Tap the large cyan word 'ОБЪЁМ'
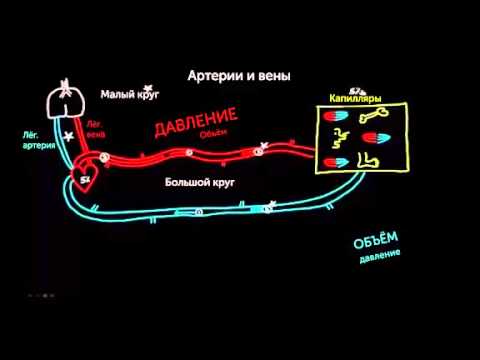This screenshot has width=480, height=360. (375, 240)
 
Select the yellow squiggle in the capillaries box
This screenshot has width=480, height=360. (339, 139)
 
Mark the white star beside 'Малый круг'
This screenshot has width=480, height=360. (148, 91)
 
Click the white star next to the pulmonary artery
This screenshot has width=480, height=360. (68, 136)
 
